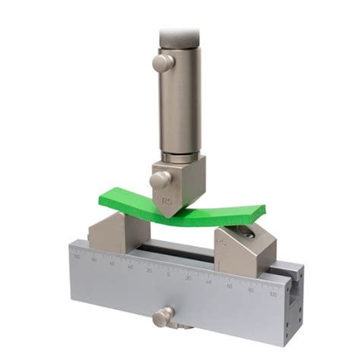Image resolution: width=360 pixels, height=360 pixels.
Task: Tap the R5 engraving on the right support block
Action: coord(222,244)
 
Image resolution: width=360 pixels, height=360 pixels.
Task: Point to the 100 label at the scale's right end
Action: coord(273,294)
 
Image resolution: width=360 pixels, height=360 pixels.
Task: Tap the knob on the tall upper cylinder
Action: coord(162,63)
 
